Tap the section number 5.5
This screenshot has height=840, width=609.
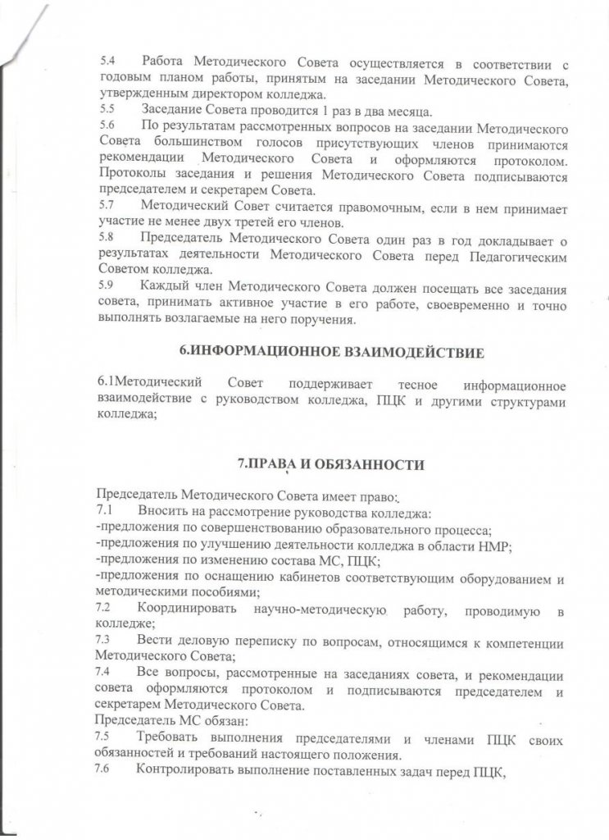(x=107, y=110)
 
